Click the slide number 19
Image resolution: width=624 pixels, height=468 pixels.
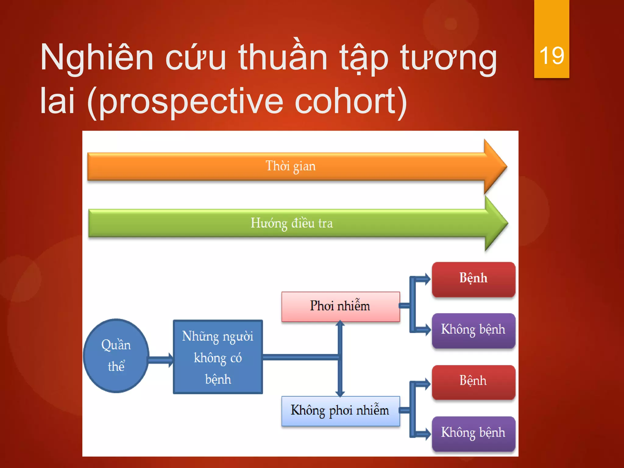(x=551, y=56)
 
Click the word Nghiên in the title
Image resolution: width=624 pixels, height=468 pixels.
(x=97, y=58)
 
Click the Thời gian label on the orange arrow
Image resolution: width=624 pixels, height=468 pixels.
(x=290, y=166)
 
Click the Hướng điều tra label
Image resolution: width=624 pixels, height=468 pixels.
(x=292, y=223)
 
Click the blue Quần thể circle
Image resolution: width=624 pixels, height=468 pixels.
(x=116, y=355)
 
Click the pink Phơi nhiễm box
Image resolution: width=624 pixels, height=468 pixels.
(x=340, y=306)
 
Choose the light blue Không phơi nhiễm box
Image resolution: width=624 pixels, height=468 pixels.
(x=340, y=411)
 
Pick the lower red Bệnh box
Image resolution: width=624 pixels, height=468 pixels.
(x=473, y=381)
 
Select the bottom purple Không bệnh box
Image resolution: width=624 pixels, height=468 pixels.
(x=473, y=433)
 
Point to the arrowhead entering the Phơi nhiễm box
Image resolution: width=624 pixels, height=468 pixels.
(x=340, y=324)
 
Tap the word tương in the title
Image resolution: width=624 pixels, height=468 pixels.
(x=448, y=58)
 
